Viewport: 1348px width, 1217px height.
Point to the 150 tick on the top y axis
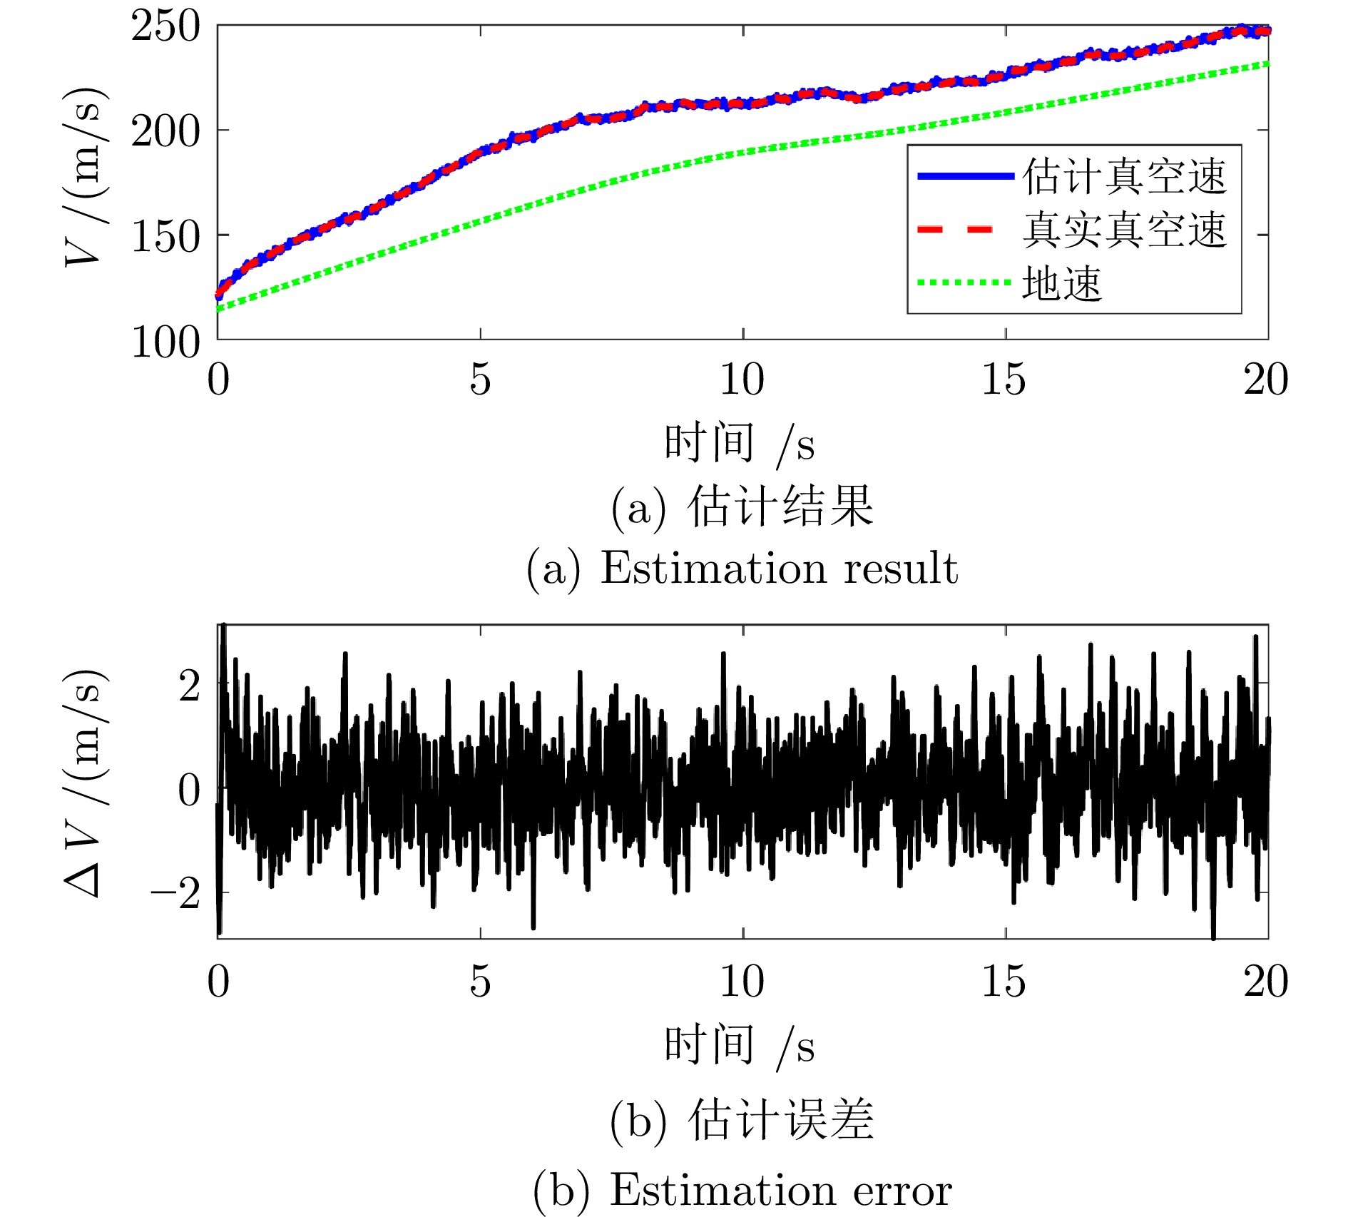point(165,237)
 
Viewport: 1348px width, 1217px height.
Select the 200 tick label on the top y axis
point(165,132)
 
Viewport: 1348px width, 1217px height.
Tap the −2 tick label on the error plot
point(175,893)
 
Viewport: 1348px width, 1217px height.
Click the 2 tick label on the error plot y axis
point(190,686)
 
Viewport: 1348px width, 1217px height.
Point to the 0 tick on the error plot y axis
point(190,790)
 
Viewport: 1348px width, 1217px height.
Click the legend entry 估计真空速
point(1125,176)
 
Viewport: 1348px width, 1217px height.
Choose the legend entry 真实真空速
point(1125,230)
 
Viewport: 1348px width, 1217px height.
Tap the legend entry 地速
point(1063,283)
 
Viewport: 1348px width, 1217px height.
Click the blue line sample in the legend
point(964,175)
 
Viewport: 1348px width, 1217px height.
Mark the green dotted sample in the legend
point(964,282)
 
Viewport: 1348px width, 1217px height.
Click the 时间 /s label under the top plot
point(739,444)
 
